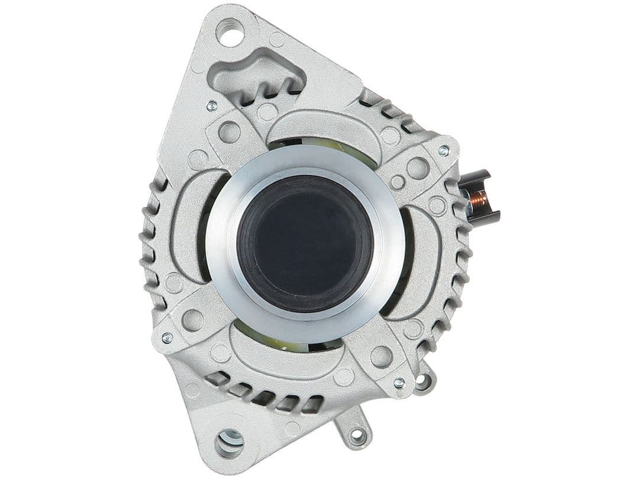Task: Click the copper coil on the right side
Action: pos(478,200)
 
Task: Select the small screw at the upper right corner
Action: pos(443,151)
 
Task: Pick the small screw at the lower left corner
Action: pos(167,338)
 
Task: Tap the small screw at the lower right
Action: pos(399,383)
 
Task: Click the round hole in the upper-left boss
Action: pos(229,131)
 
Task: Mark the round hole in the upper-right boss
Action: pos(418,168)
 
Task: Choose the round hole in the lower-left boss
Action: pos(192,320)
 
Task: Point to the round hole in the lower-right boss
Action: pos(382,356)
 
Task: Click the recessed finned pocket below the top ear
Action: pos(260,80)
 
